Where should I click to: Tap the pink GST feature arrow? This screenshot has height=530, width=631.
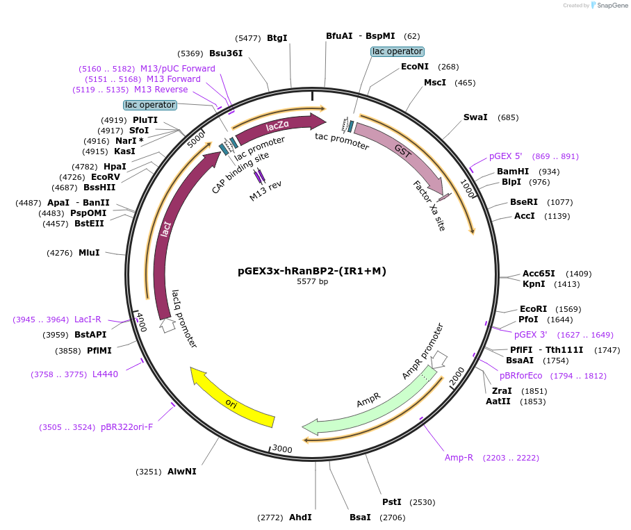click(x=403, y=153)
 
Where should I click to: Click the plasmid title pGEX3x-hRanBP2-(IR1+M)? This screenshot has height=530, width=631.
click(x=312, y=271)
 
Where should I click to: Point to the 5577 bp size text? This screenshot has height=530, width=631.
click(x=312, y=282)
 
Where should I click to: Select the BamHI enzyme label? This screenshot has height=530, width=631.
click(x=513, y=172)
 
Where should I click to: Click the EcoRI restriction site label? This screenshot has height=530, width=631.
click(x=533, y=309)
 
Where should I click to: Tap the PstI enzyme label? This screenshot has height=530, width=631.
click(x=392, y=502)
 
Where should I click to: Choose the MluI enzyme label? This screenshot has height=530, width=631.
click(x=89, y=253)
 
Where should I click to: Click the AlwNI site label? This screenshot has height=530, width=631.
click(x=182, y=472)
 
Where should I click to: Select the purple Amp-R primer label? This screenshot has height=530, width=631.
click(x=459, y=458)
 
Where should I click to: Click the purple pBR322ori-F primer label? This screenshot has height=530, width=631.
click(x=126, y=427)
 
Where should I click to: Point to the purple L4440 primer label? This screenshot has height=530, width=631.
click(x=105, y=374)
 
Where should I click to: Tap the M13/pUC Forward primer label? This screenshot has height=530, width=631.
click(x=178, y=69)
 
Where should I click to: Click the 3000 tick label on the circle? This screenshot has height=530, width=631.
click(x=281, y=449)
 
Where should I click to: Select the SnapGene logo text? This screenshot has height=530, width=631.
click(x=611, y=6)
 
